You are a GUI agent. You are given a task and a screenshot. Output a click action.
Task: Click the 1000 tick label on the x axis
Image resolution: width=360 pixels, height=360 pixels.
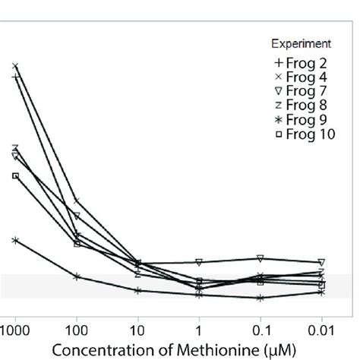point(14,331)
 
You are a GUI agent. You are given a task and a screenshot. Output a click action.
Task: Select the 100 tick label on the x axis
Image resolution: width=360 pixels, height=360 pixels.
point(76,331)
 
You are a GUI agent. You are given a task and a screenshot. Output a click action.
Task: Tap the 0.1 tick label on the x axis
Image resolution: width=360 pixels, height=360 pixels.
point(260,331)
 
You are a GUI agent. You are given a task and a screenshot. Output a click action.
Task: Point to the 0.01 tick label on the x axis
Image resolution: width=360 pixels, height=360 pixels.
point(321,331)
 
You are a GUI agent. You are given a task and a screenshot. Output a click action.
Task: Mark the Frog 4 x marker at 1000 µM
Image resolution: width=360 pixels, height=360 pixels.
point(15,66)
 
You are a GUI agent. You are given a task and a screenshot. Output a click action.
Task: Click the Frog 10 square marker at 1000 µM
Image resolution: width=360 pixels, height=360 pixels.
point(15,175)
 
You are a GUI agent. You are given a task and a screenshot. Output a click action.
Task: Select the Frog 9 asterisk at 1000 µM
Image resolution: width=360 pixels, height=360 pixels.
point(15,240)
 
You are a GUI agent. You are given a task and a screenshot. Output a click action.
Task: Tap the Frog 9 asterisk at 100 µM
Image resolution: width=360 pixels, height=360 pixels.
point(77,276)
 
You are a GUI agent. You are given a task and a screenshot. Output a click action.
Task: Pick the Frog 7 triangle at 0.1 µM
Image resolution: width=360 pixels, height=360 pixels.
point(261,258)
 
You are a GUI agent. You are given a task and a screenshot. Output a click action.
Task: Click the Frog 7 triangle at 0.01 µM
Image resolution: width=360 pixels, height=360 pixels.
point(321,262)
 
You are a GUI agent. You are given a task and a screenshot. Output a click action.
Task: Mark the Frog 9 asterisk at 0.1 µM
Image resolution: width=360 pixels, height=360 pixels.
point(261,298)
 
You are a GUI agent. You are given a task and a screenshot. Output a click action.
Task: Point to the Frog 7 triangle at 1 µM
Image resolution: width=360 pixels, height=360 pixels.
point(199,262)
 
